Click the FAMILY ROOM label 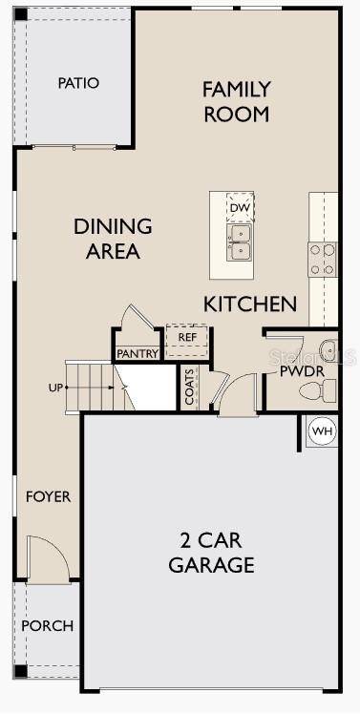(236, 101)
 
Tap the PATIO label (78, 83)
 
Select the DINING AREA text (113, 239)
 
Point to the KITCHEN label (250, 304)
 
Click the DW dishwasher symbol (240, 207)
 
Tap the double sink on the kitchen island (240, 242)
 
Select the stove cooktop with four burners (322, 258)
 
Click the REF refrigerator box (186, 337)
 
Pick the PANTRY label (138, 354)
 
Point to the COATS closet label (189, 388)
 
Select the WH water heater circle (323, 431)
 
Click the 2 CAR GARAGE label (211, 551)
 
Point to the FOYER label (48, 497)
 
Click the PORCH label (47, 626)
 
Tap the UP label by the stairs (55, 388)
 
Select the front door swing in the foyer (47, 557)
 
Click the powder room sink (326, 347)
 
